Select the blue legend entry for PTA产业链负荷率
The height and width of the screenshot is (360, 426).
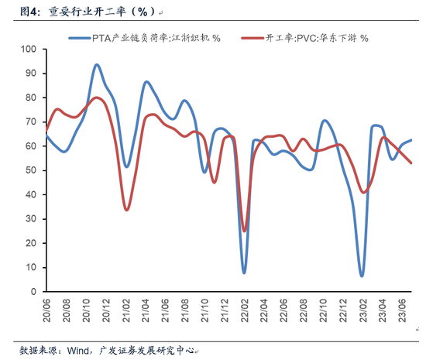coord(144,37)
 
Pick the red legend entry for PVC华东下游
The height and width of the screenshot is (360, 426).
coord(305,37)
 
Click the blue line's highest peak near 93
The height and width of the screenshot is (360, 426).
coord(97,65)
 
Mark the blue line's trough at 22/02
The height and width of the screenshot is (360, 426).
coord(244,273)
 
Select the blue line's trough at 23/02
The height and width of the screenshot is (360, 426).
coord(362,276)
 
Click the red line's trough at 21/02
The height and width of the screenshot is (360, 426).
coord(126,210)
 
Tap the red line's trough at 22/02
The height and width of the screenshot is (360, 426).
coord(245,231)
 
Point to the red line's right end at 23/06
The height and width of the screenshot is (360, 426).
coord(411,163)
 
